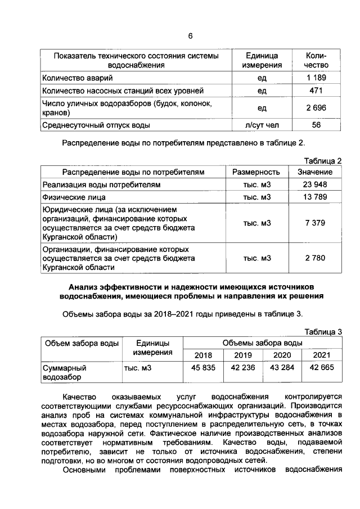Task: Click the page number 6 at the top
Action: [x=190, y=36]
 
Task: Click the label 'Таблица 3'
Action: [x=323, y=331]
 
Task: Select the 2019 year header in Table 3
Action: [x=243, y=355]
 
